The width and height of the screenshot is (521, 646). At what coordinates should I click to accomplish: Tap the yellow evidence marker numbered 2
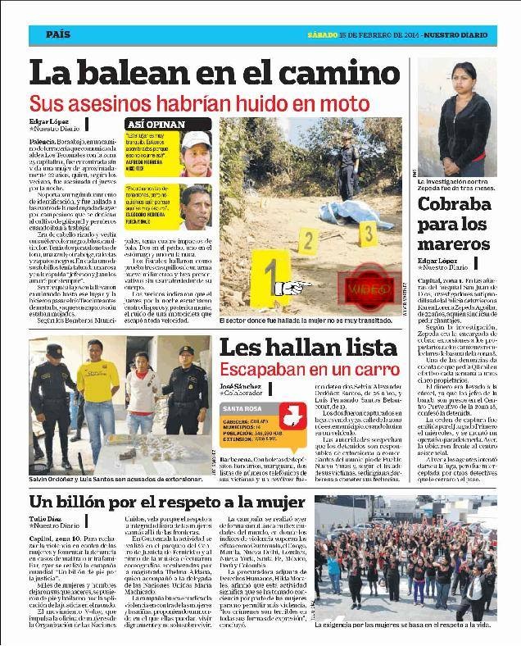click(309, 241)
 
